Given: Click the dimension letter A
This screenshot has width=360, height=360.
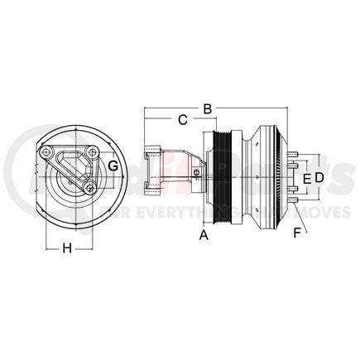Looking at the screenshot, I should (202, 235).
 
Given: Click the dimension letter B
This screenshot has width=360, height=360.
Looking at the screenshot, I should (209, 107).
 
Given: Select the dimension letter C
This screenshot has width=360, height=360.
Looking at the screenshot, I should (182, 120).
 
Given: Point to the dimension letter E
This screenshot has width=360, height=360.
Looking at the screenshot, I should (305, 177).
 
